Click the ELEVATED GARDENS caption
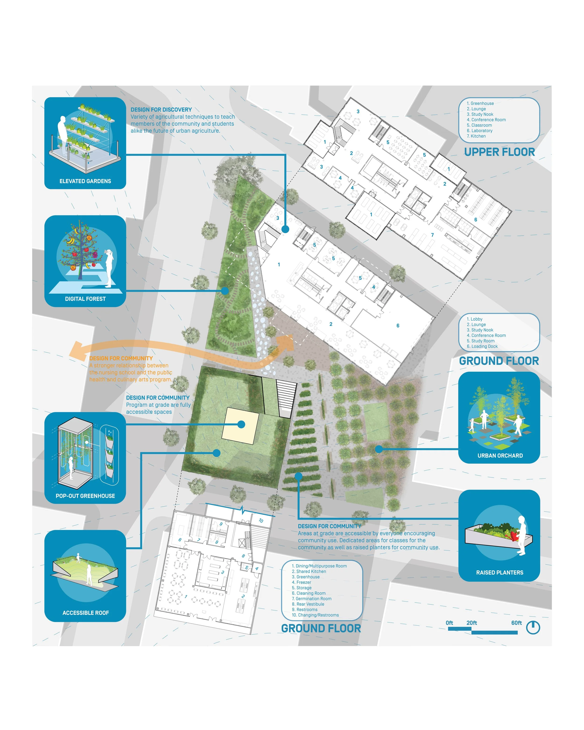pyautogui.click(x=85, y=181)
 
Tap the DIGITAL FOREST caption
pyautogui.click(x=85, y=299)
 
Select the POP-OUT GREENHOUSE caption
pyautogui.click(x=85, y=496)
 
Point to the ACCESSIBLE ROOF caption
pyautogui.click(x=86, y=613)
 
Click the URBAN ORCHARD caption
pyautogui.click(x=500, y=456)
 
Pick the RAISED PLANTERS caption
pyautogui.click(x=500, y=573)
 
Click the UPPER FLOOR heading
pyautogui.click(x=499, y=152)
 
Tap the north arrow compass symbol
pyautogui.click(x=533, y=627)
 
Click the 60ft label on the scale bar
pyautogui.click(x=516, y=623)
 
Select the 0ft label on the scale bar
pyautogui.click(x=449, y=623)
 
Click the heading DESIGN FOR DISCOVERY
pyautogui.click(x=161, y=110)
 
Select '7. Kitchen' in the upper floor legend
pyautogui.click(x=476, y=136)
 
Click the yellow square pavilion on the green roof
pyautogui.click(x=240, y=425)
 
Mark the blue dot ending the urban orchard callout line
pyautogui.click(x=379, y=449)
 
